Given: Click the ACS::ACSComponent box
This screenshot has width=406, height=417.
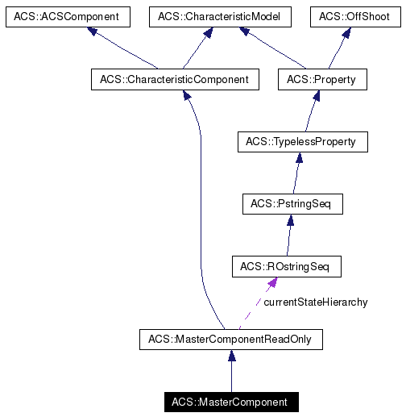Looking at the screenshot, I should click(x=63, y=16).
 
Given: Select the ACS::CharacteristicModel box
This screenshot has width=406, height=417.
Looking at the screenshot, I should click(x=212, y=16).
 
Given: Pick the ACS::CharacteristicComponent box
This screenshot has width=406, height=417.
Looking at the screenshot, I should click(x=175, y=79).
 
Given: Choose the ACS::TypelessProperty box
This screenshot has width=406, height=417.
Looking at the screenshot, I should click(x=302, y=142).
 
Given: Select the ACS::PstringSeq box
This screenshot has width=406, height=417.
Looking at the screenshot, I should click(x=292, y=204).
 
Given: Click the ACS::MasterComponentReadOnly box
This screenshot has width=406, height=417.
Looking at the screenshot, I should click(x=230, y=340).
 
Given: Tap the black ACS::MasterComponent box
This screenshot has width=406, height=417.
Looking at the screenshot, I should click(x=230, y=402).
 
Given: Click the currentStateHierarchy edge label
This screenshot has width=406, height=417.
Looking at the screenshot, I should click(x=315, y=302).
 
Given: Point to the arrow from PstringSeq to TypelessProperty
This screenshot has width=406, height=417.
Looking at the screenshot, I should click(x=296, y=173).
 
